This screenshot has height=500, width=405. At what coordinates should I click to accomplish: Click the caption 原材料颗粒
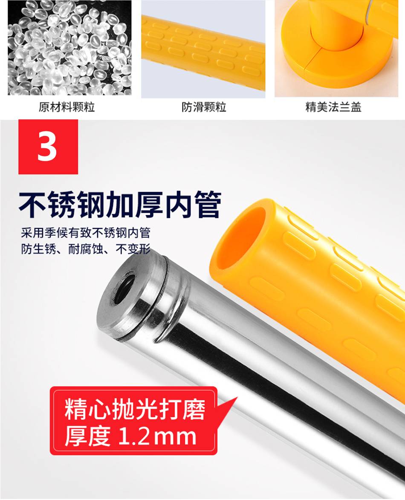pos(67,107)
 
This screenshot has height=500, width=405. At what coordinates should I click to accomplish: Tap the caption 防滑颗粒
pos(204,107)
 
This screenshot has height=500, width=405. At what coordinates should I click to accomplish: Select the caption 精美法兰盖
pos(333,107)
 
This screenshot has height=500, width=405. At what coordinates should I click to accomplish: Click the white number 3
pos(47,147)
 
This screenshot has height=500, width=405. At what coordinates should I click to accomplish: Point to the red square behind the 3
pos(48,147)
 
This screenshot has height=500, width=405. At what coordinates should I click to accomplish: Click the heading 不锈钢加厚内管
pos(120,205)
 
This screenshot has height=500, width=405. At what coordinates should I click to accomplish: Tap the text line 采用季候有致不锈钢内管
pos(85,233)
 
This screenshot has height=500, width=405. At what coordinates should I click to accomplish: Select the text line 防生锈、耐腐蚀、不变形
pos(85,249)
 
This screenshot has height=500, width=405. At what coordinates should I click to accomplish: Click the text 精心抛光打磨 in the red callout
pos(135,410)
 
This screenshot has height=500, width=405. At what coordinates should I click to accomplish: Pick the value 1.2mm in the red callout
pos(157,436)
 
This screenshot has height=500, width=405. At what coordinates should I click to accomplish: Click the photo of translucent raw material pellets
pos(69,47)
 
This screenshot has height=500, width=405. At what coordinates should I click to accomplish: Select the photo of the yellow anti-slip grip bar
pos(203,49)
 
